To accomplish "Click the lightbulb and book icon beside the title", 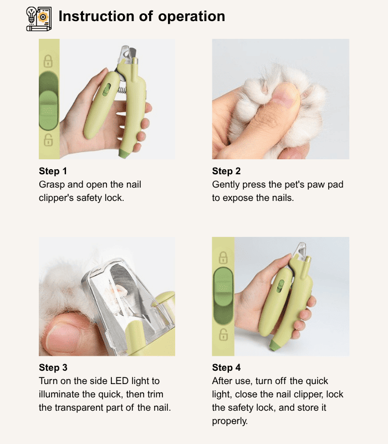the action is (x=39, y=19).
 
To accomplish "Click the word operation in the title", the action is (x=191, y=17).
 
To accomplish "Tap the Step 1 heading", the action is (x=53, y=171).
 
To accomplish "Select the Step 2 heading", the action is (x=226, y=171).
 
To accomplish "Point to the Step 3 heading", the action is (x=53, y=367).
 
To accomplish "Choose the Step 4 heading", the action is (x=226, y=367).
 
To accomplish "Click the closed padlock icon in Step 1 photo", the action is (x=48, y=61).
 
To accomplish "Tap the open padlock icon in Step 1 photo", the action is (x=48, y=140).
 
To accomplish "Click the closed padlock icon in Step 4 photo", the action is (x=223, y=258).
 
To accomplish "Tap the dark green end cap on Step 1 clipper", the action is (x=124, y=153).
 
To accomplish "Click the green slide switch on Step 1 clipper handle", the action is (x=106, y=89).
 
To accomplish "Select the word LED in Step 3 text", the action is (x=119, y=381).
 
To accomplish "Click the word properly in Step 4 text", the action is (x=230, y=421).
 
